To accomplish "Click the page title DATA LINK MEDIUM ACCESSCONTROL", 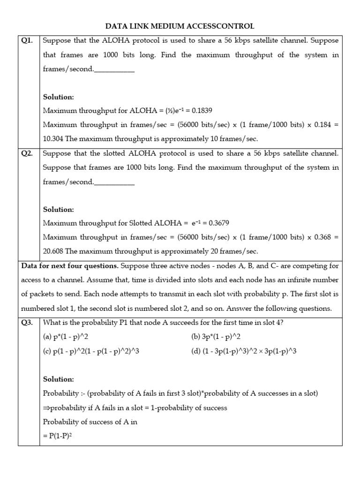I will [180, 26].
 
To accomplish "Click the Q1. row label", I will [28, 41].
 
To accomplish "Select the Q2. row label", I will [28, 153].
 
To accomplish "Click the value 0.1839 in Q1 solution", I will [199, 111].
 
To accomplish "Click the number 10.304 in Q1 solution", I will [53, 139].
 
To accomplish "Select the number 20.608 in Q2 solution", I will [53, 251].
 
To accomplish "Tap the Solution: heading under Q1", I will [58, 97].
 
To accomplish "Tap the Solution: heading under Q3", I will [58, 379].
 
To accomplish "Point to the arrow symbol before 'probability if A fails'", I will [46, 408].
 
